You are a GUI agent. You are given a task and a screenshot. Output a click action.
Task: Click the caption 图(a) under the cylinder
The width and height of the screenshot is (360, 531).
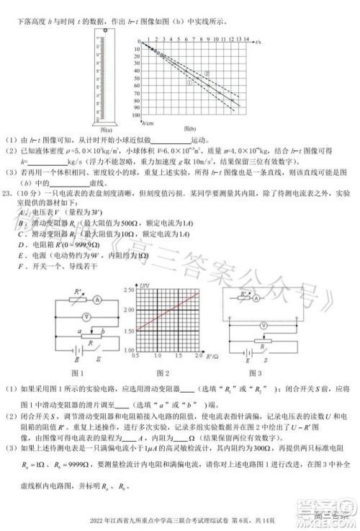click(x=92, y=130)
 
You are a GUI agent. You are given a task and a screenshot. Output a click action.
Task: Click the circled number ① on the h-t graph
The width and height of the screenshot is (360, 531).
click(x=189, y=82)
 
